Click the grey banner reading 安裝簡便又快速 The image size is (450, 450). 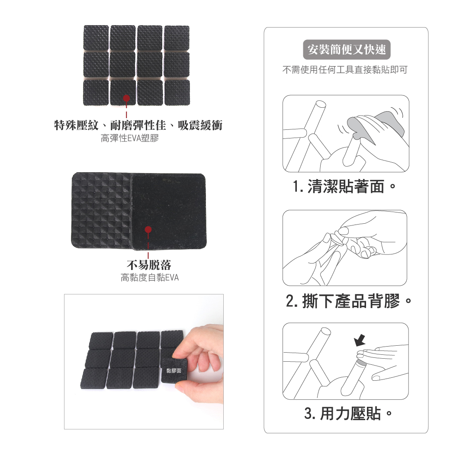(x=347, y=49)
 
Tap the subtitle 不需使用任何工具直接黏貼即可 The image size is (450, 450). (x=345, y=70)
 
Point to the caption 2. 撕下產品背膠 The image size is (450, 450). (x=349, y=301)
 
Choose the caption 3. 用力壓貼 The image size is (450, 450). (x=348, y=414)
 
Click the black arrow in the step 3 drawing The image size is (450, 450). (x=359, y=340)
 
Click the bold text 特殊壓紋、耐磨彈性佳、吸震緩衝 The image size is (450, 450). (x=138, y=125)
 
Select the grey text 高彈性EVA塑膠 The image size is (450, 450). (x=130, y=138)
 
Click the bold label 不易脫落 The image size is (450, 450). (x=149, y=265)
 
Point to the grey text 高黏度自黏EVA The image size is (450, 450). (x=150, y=277)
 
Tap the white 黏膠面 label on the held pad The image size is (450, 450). (x=174, y=370)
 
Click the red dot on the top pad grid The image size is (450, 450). (x=126, y=99)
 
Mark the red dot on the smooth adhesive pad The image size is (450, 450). (x=148, y=230)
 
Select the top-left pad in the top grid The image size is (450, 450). (x=96, y=38)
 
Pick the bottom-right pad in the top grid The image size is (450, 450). (x=177, y=92)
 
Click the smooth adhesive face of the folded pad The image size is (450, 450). (x=169, y=211)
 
